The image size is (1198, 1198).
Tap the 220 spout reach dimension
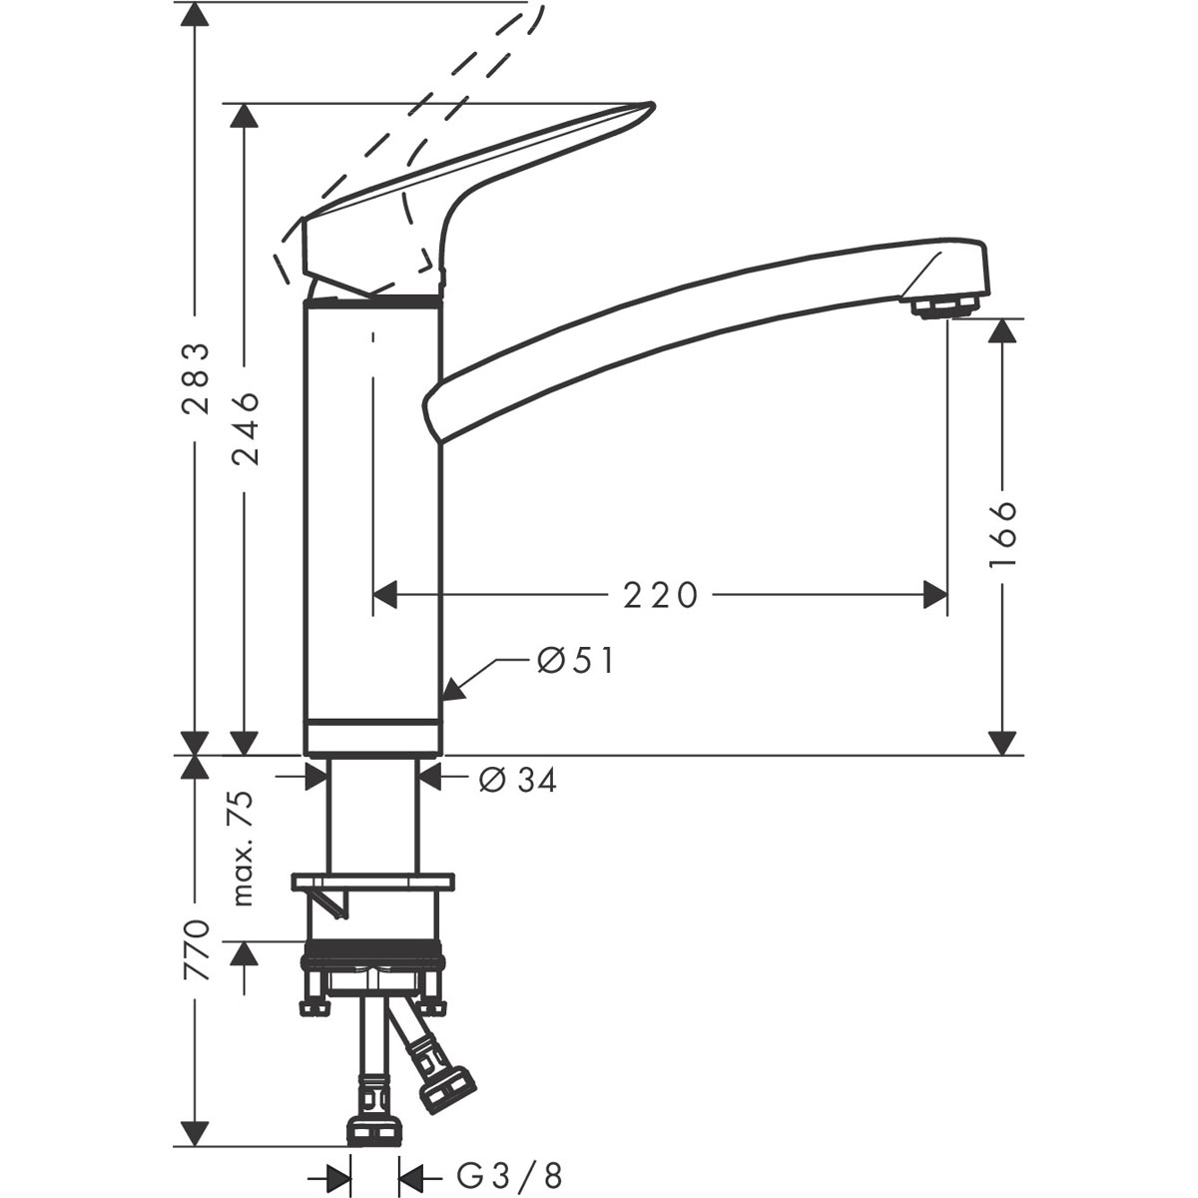(x=659, y=595)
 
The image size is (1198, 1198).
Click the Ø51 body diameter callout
(x=574, y=660)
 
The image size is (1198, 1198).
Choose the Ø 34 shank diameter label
(x=517, y=780)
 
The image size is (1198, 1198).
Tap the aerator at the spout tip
(x=943, y=306)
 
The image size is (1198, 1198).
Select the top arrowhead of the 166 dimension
(x=1001, y=331)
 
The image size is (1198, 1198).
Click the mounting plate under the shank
(x=372, y=883)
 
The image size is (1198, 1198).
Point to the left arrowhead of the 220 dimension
(x=385, y=595)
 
